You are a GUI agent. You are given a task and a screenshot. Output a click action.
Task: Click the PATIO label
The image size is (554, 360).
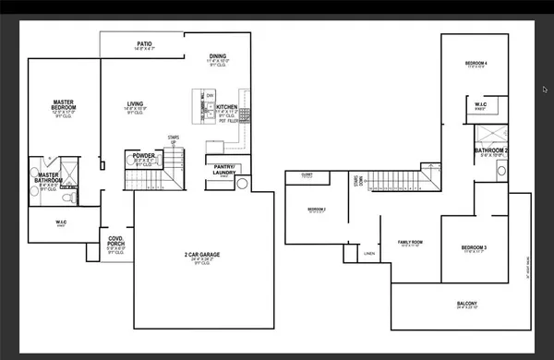(x=144, y=43)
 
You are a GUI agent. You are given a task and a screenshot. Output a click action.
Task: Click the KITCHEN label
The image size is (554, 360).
(x=227, y=107)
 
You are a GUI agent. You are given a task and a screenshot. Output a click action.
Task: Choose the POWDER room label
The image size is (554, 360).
(x=143, y=155)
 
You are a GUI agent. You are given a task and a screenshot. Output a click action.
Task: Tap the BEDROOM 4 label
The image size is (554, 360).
(x=476, y=63)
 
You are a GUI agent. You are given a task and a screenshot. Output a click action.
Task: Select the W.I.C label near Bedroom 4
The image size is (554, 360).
(x=481, y=104)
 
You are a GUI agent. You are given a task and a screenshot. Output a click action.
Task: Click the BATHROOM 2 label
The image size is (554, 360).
(x=490, y=150)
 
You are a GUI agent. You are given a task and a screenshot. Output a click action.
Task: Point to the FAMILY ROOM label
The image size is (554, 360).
(x=410, y=242)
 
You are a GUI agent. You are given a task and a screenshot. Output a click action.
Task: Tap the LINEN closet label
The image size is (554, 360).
(x=369, y=252)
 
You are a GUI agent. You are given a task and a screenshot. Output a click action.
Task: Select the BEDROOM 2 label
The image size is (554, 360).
(x=317, y=209)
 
